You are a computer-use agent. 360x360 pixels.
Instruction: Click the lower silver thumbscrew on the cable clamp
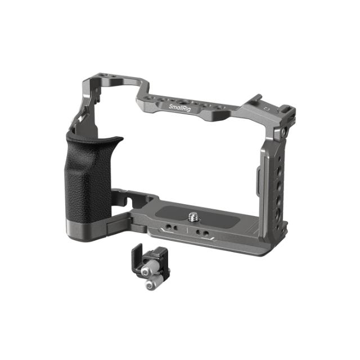pos(150,285)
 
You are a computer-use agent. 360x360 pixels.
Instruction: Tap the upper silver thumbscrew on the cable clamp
pos(147,271)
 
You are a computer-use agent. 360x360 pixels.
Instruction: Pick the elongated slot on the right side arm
pos(256,180)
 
